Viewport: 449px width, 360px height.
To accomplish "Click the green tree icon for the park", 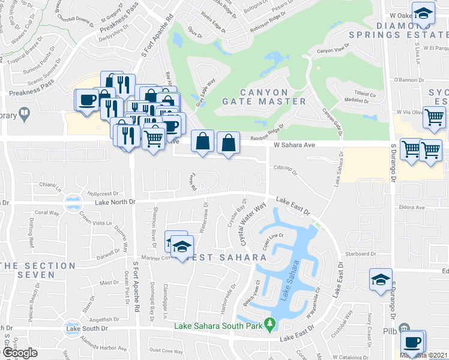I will pos(270,325).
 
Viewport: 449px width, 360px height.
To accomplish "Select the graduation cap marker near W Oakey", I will pos(424,14).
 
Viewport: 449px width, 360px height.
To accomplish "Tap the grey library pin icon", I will pos(24,112).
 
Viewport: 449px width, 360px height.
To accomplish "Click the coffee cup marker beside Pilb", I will pos(412,343).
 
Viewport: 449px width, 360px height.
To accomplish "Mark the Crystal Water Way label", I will pos(253,225).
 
